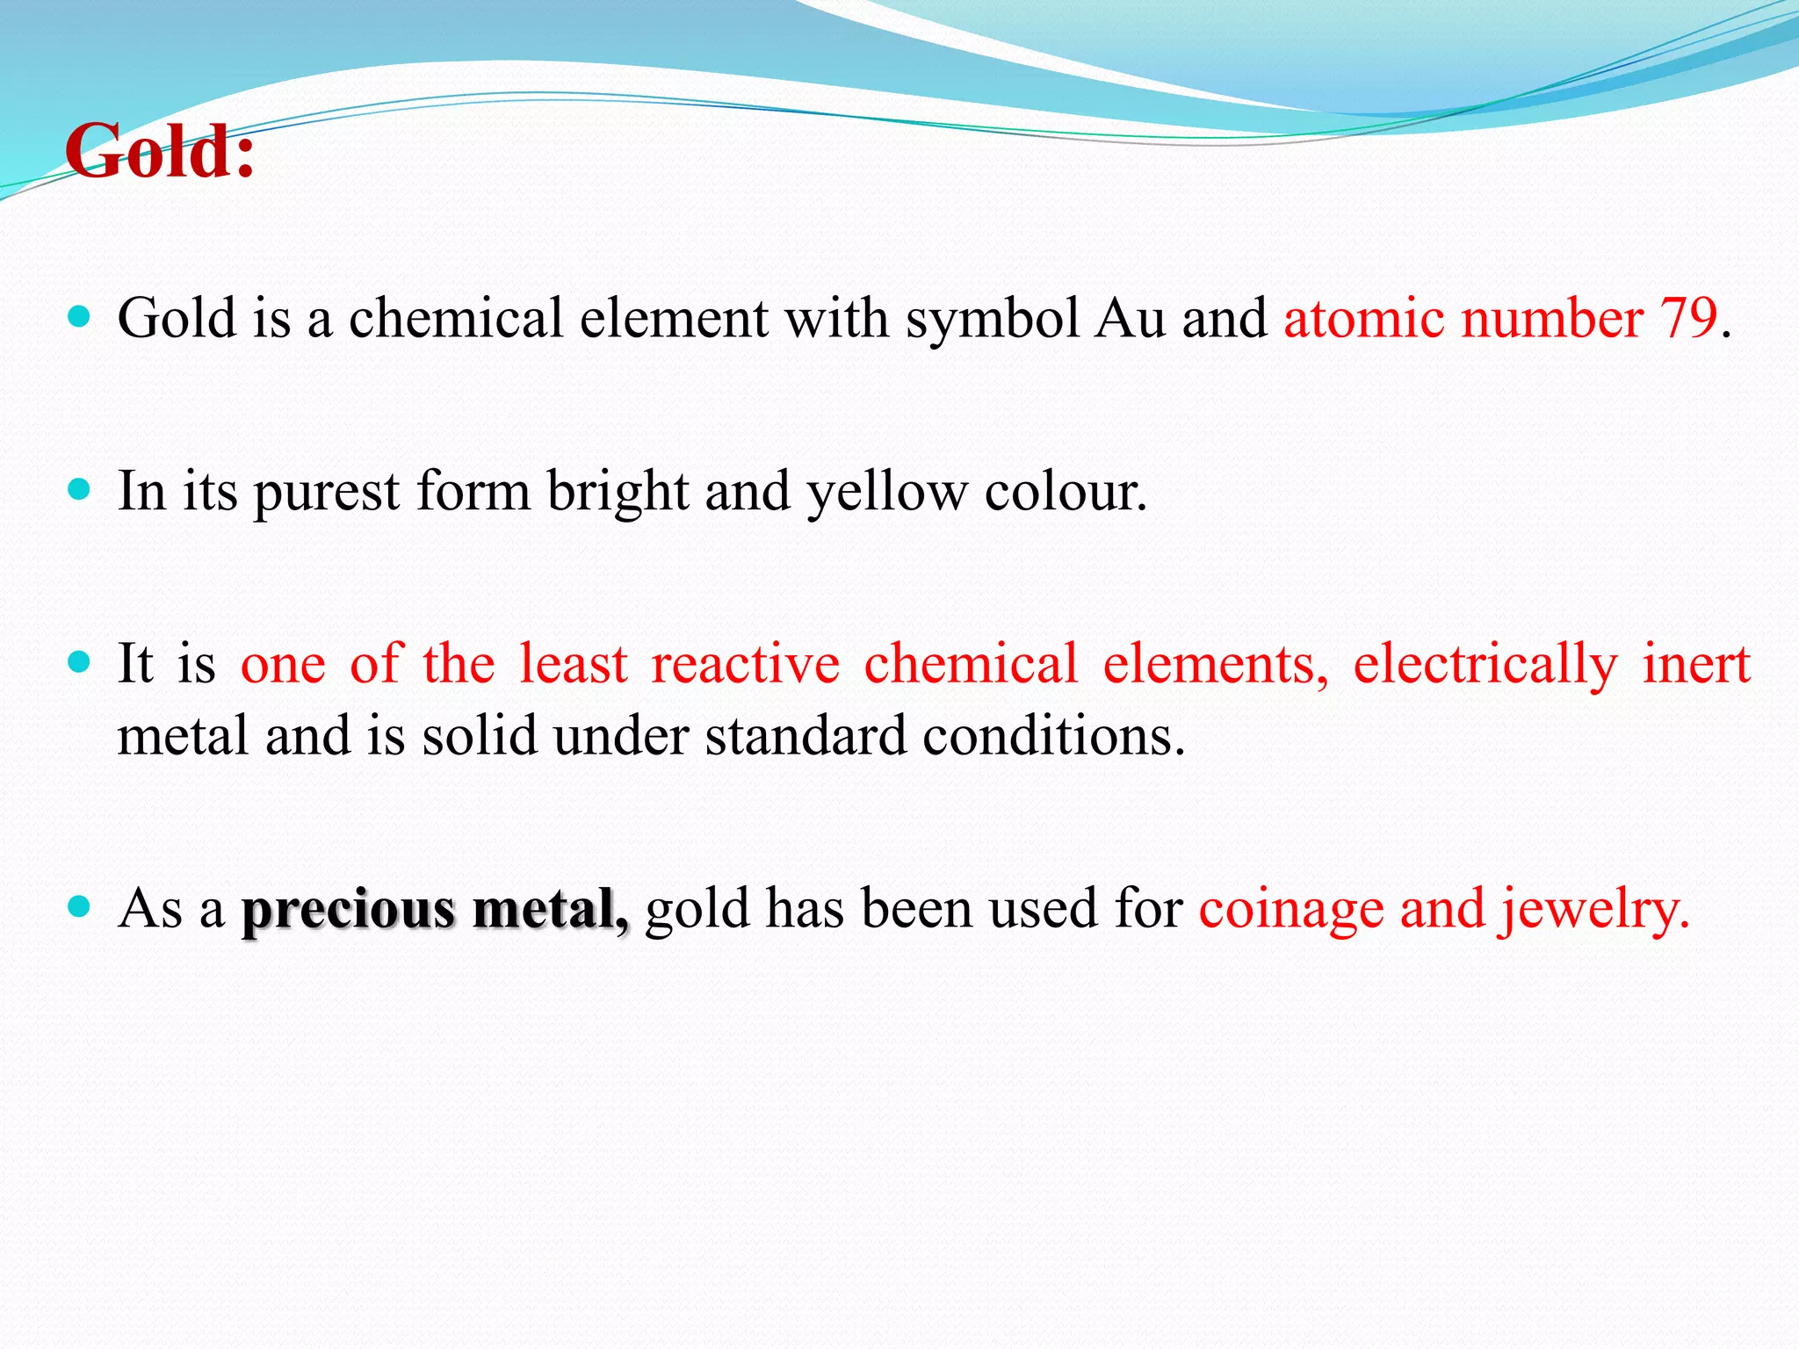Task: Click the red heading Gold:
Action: click(160, 151)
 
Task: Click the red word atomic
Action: click(1363, 318)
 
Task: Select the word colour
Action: click(1065, 492)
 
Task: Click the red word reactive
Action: click(745, 664)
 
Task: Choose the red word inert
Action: click(1696, 664)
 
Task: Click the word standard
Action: click(805, 735)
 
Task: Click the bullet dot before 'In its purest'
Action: click(79, 489)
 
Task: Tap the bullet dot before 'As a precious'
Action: click(79, 906)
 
